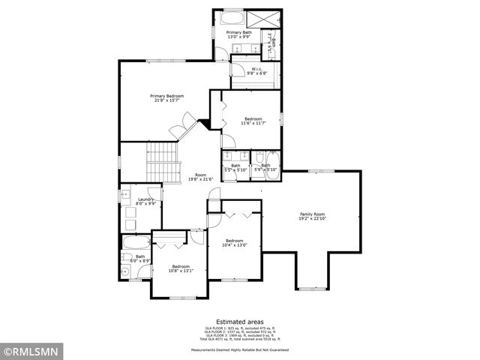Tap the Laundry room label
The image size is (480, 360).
click(146, 201)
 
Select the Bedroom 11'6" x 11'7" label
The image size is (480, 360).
click(252, 121)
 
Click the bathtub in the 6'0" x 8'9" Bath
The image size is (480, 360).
click(136, 242)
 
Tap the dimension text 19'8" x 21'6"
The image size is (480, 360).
click(200, 179)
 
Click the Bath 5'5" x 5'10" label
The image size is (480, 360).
click(235, 168)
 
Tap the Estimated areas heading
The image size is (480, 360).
click(239, 321)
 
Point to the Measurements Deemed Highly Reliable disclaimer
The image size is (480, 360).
click(239, 349)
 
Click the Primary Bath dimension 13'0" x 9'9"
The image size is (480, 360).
click(239, 37)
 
